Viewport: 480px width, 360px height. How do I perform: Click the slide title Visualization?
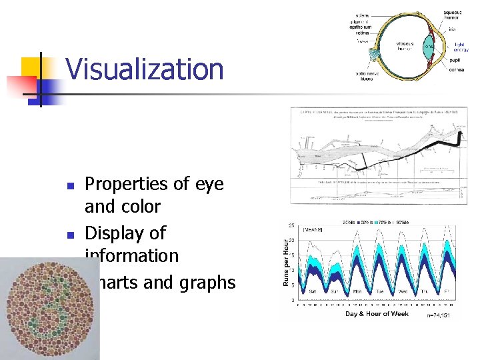(x=145, y=69)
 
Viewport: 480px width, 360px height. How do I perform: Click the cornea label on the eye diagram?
(x=457, y=69)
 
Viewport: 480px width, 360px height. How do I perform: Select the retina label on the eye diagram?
(x=361, y=31)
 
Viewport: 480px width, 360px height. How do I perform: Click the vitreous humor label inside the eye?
(x=404, y=45)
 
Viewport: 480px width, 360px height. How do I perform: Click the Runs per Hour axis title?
(x=287, y=263)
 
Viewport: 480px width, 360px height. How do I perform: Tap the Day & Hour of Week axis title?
(x=377, y=313)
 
